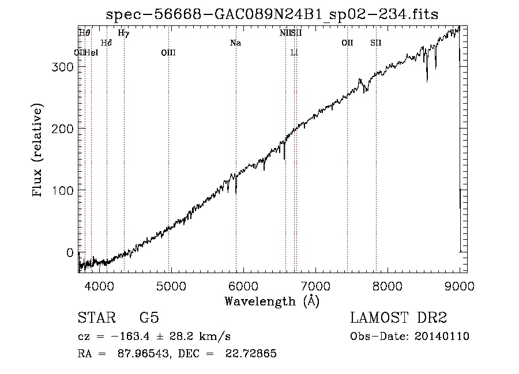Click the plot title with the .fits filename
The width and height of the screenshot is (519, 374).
pyautogui.click(x=272, y=14)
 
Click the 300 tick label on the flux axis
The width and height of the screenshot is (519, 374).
pyautogui.click(x=62, y=67)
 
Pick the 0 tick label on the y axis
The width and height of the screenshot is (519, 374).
pyautogui.click(x=69, y=252)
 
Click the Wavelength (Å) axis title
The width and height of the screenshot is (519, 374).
pyautogui.click(x=272, y=300)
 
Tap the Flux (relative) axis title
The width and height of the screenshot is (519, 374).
pyautogui.click(x=39, y=151)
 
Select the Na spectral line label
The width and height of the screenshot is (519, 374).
pyautogui.click(x=235, y=43)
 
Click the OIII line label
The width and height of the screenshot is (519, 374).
pyautogui.click(x=168, y=52)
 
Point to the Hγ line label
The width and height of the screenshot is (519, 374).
pyautogui.click(x=123, y=33)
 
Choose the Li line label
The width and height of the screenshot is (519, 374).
pyautogui.click(x=294, y=52)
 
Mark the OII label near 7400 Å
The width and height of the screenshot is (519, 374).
pyautogui.click(x=347, y=43)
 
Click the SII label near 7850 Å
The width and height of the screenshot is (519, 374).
pyautogui.click(x=376, y=43)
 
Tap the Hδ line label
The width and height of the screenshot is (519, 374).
pyautogui.click(x=106, y=43)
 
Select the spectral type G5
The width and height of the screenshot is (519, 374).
pyautogui.click(x=149, y=319)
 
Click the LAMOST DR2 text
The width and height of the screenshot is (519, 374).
pyautogui.click(x=398, y=319)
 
